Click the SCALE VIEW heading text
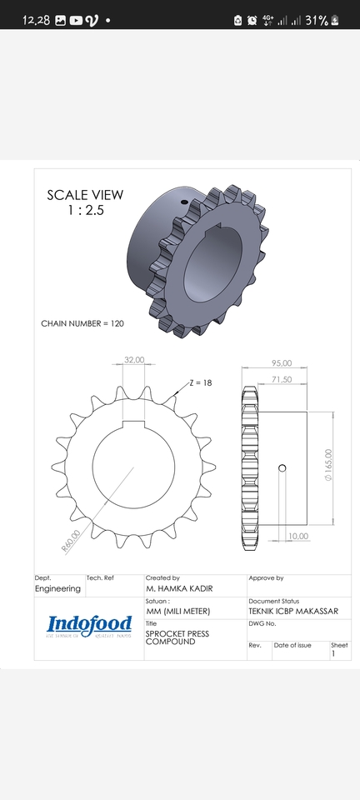pyautogui.click(x=84, y=195)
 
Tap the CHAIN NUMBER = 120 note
pyautogui.click(x=82, y=322)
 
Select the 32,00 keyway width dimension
pyautogui.click(x=133, y=360)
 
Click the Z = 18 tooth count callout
pyautogui.click(x=200, y=382)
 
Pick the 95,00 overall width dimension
pyautogui.click(x=282, y=362)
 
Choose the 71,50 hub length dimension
pyautogui.click(x=281, y=379)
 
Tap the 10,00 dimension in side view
pyautogui.click(x=297, y=536)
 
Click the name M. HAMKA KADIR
pyautogui.click(x=179, y=588)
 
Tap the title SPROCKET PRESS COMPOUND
pyautogui.click(x=177, y=637)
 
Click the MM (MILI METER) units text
pyautogui.click(x=178, y=611)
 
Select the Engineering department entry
pyautogui.click(x=58, y=588)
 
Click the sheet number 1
pyautogui.click(x=333, y=654)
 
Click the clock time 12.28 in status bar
pyautogui.click(x=36, y=20)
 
